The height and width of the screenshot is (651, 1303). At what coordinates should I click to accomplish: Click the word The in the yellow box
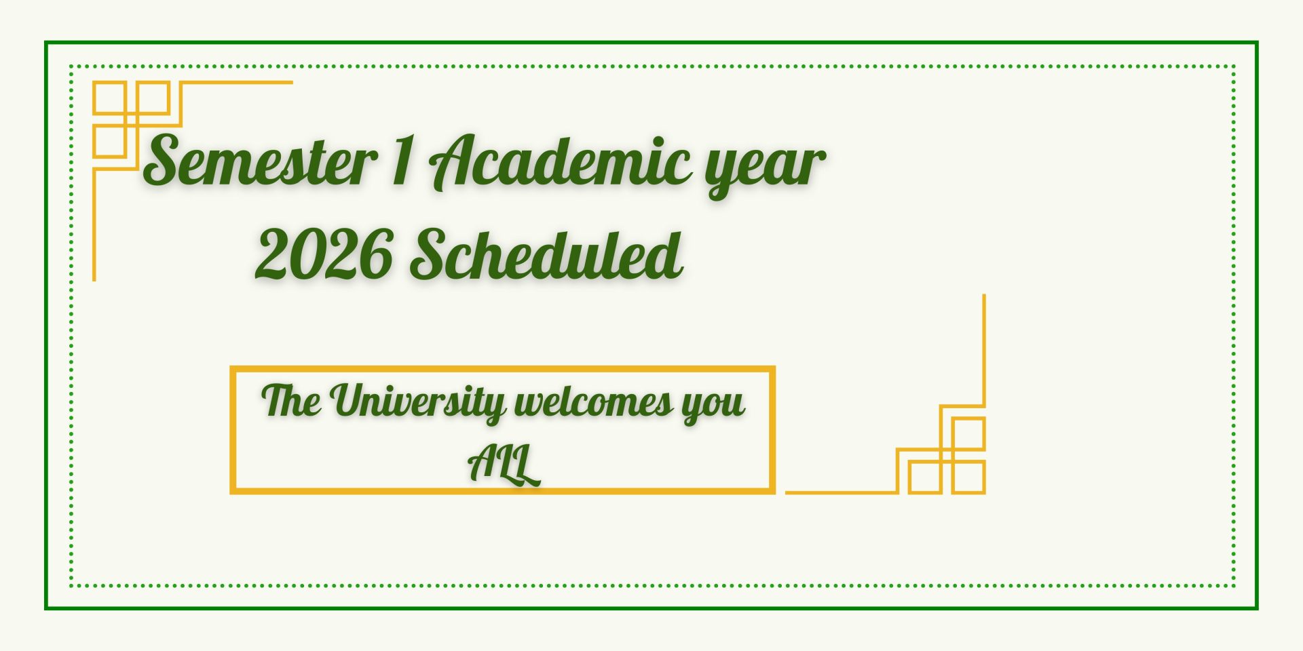(x=291, y=400)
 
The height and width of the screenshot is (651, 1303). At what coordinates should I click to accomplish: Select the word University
(x=418, y=403)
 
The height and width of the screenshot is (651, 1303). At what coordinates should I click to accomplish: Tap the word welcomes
(x=594, y=402)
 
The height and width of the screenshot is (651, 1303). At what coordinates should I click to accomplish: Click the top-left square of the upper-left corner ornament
(x=110, y=98)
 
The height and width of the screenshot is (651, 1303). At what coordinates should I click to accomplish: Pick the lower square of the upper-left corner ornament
(x=110, y=142)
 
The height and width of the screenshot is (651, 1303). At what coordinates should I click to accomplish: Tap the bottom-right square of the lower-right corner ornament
(x=968, y=477)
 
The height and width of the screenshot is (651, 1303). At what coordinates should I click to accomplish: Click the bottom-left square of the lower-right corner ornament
(x=925, y=477)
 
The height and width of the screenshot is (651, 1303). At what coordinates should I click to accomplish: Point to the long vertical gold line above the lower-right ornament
(x=984, y=350)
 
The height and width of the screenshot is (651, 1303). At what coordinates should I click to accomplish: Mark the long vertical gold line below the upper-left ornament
(x=94, y=224)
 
